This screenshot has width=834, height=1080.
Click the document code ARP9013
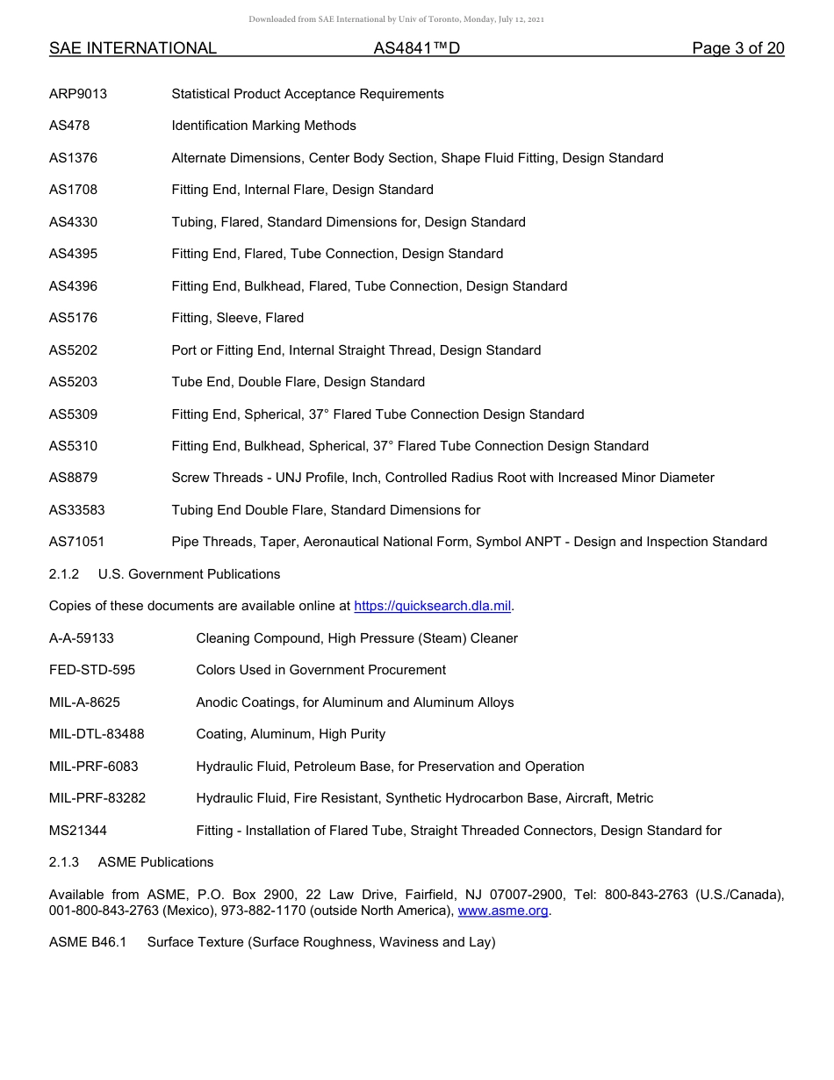click(78, 94)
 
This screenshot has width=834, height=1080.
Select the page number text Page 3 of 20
click(737, 48)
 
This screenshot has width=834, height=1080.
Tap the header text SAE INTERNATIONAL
click(133, 48)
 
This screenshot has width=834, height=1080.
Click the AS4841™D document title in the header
click(416, 48)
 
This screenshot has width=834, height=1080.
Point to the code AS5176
click(73, 318)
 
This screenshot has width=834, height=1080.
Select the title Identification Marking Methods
click(263, 126)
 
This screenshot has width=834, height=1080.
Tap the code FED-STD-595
click(92, 670)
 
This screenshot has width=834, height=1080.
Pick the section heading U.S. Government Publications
click(189, 574)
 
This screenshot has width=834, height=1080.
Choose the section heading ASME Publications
click(155, 862)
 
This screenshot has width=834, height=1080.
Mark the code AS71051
click(76, 542)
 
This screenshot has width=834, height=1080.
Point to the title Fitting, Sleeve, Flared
click(237, 318)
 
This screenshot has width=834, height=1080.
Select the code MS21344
click(78, 831)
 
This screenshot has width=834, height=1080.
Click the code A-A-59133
click(82, 638)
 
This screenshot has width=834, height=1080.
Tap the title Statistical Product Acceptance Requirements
click(307, 94)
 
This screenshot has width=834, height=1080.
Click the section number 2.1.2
click(64, 574)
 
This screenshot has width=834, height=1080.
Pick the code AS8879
click(73, 478)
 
